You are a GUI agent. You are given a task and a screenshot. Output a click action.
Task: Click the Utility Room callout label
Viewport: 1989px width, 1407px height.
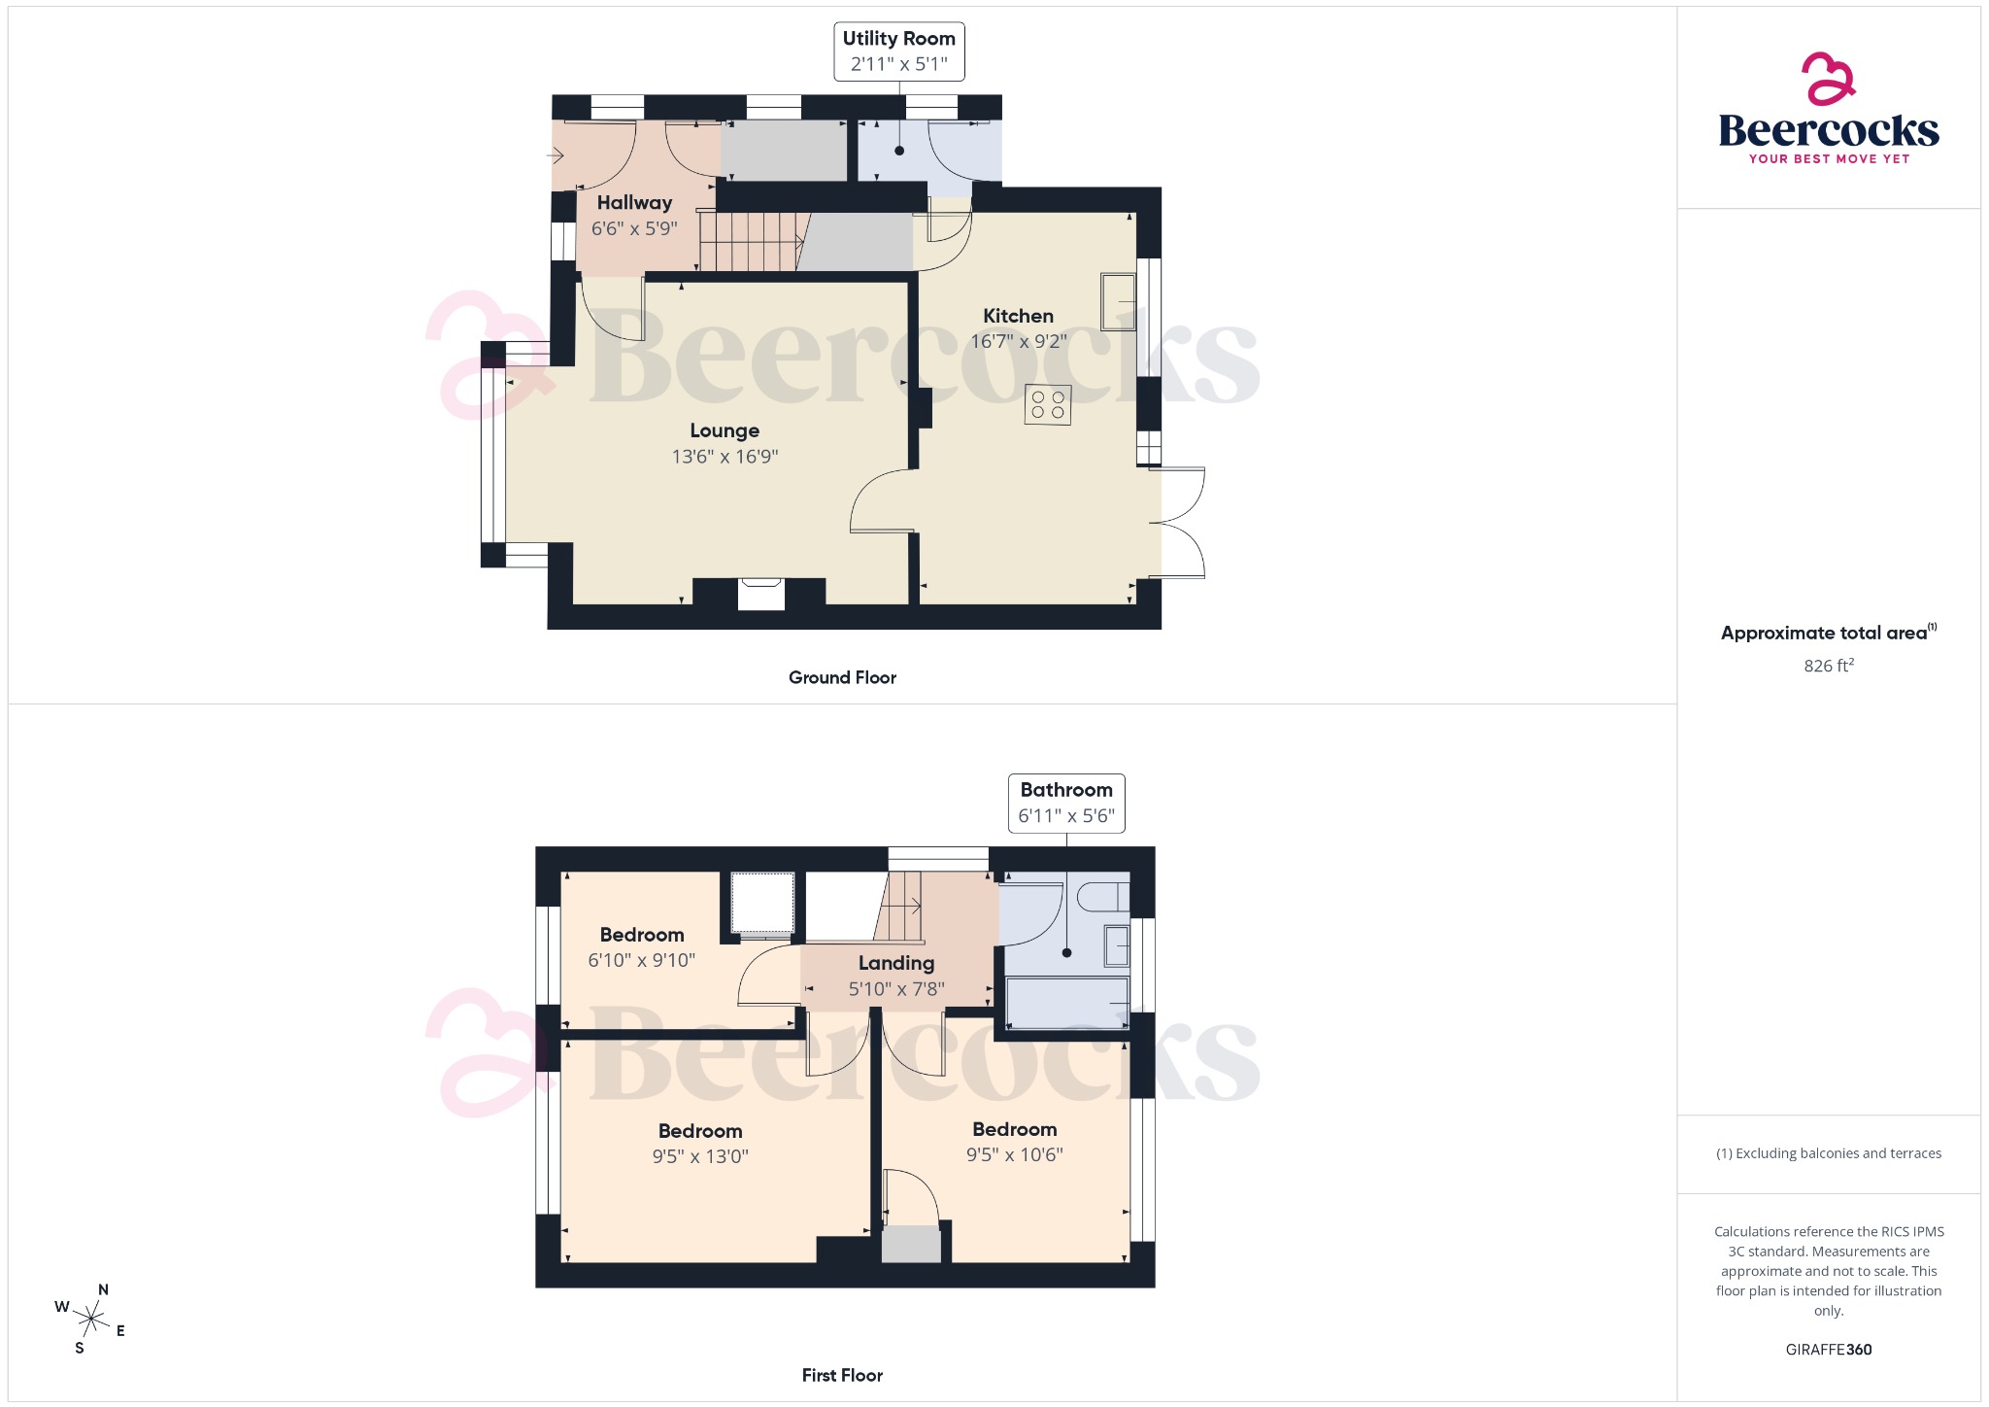click(x=898, y=39)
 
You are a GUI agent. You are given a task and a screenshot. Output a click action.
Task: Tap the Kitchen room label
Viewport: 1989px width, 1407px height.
click(x=1018, y=316)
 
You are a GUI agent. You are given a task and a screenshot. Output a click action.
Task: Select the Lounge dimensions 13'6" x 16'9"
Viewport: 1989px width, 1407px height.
click(x=725, y=457)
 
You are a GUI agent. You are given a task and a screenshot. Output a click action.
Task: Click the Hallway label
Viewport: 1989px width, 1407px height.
click(x=634, y=203)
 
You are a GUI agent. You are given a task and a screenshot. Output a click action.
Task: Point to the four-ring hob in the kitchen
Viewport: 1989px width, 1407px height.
click(x=1048, y=405)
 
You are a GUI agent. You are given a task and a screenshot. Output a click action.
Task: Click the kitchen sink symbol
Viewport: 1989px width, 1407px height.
click(x=1118, y=302)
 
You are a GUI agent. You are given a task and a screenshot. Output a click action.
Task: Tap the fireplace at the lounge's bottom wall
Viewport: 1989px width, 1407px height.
click(x=761, y=594)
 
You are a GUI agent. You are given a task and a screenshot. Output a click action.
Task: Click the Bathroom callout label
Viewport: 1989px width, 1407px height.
click(x=1066, y=791)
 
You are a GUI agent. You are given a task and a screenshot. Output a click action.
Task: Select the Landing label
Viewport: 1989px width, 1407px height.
click(x=896, y=963)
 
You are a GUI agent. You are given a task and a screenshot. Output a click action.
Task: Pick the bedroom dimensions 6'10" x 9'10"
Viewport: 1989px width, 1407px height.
click(x=641, y=961)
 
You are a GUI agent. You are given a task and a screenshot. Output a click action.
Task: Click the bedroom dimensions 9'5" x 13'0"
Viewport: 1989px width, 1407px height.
click(x=700, y=1157)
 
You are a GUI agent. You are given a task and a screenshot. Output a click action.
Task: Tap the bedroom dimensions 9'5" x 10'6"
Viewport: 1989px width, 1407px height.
click(x=1014, y=1155)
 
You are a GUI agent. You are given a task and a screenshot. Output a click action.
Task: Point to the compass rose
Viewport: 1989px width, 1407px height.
click(x=91, y=1319)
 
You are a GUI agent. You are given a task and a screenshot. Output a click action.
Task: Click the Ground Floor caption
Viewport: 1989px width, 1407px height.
click(x=842, y=678)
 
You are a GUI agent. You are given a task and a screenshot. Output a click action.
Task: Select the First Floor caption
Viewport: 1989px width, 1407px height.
click(x=842, y=1376)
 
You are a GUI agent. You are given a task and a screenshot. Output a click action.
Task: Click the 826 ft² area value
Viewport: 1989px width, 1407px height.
click(x=1829, y=666)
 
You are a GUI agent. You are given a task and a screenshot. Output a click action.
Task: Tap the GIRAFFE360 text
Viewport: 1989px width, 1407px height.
click(x=1829, y=1350)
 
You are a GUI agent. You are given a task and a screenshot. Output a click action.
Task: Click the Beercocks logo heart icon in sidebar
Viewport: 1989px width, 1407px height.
click(x=1828, y=79)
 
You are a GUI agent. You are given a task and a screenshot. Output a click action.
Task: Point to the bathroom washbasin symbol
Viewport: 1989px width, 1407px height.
click(x=1117, y=945)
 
